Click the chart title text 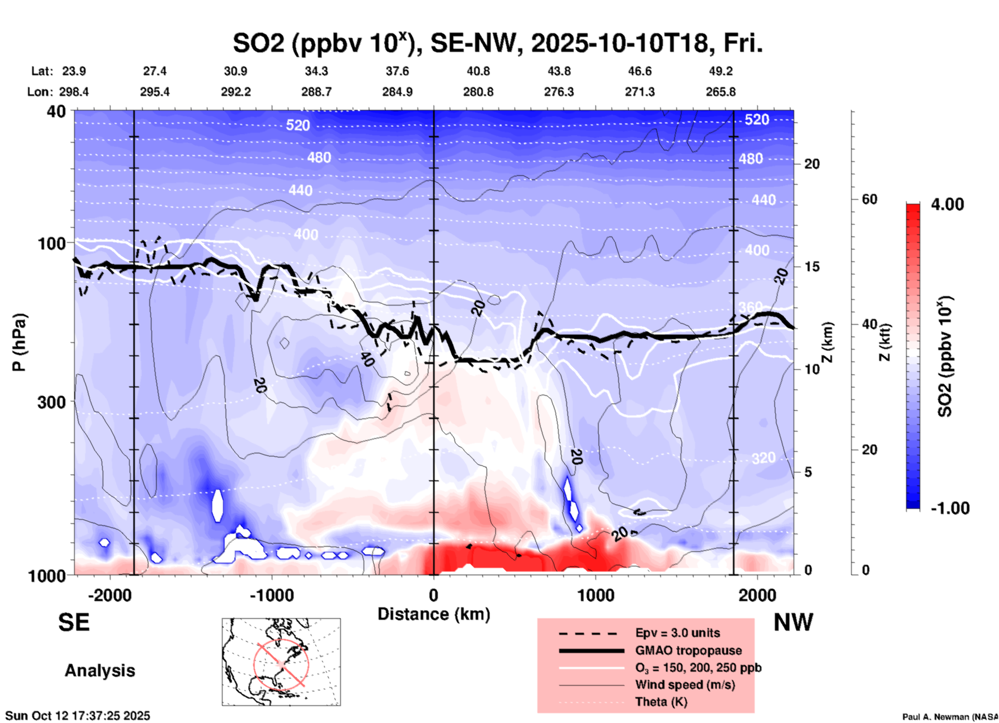(498, 44)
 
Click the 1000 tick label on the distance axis (595, 595)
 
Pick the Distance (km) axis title (434, 614)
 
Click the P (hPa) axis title (19, 342)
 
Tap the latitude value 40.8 (478, 71)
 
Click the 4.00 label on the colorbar (947, 204)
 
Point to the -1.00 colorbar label (950, 508)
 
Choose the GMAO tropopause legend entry (688, 650)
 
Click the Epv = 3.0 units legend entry (677, 633)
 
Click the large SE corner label (74, 622)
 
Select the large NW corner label (793, 622)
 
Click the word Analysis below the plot (100, 671)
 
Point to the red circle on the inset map (281, 664)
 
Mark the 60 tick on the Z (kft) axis (869, 199)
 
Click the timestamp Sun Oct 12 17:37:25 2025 (78, 716)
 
